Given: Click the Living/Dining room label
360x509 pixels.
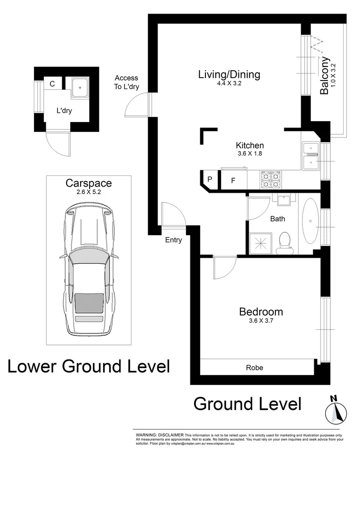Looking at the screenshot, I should point(229,74).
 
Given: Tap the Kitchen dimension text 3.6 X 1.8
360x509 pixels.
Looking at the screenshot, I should point(249,153).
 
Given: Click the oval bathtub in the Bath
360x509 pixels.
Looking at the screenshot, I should point(311,220).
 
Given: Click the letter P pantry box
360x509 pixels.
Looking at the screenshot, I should point(210,179).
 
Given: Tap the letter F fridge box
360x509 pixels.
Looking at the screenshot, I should point(233,181).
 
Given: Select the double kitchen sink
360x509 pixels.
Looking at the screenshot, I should point(311,156).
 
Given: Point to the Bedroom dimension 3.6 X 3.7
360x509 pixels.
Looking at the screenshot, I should point(261,321).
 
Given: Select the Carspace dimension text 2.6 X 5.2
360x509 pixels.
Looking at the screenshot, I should point(89,192).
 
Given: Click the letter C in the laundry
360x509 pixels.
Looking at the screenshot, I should point(52,84).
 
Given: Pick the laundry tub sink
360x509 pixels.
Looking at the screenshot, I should point(82,87).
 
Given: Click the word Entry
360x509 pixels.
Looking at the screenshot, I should point(173,240).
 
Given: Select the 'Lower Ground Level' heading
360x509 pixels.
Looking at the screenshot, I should point(89,366).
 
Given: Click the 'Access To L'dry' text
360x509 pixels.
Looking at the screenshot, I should point(127,82).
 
